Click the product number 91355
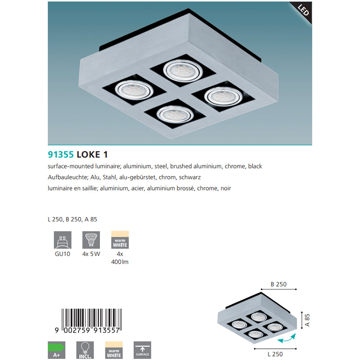point(60,154)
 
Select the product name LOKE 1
point(92,154)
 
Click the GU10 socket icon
point(62,240)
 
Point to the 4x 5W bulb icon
point(91,240)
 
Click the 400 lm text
point(120,262)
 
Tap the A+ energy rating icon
point(57,350)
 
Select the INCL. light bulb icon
point(85,350)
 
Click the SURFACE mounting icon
point(142,350)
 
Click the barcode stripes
point(91,319)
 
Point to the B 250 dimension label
point(279,284)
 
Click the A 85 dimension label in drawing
point(307,320)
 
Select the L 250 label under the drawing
point(275,354)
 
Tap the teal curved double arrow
point(286,339)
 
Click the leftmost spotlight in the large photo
point(134,90)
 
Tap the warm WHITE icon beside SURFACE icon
point(114,350)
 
